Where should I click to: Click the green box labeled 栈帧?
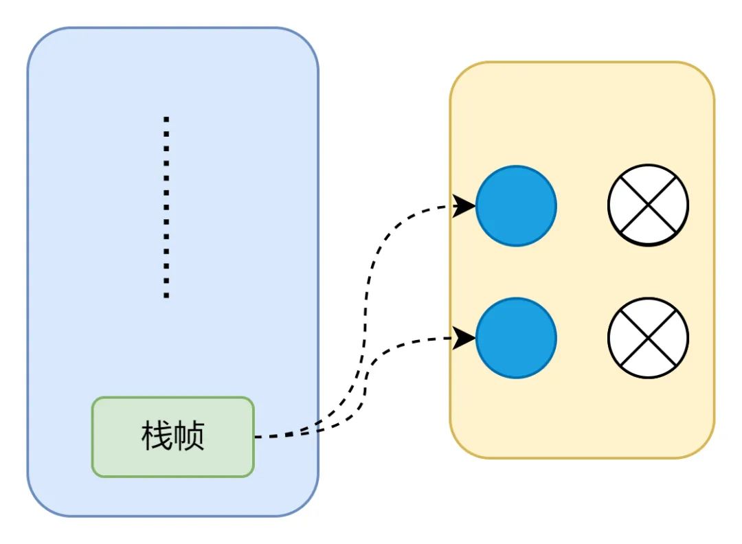point(173,437)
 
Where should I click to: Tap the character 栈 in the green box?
point(157,436)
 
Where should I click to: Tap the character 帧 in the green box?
point(189,436)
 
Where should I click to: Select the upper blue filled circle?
point(516,205)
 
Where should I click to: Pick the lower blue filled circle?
point(516,337)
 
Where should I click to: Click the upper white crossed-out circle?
point(648,205)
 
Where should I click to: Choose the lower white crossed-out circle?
point(648,337)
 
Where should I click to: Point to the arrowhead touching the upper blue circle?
point(466,205)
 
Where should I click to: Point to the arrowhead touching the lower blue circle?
point(466,337)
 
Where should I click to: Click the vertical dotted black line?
point(166,206)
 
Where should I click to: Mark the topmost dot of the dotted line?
point(166,119)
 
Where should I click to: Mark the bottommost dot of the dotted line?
point(166,295)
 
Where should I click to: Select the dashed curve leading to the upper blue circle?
point(371,275)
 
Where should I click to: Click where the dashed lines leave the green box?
point(256,437)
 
